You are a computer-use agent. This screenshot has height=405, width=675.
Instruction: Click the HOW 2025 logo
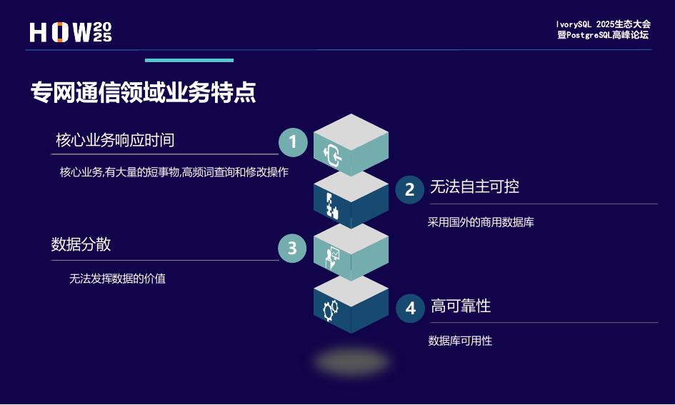click(x=71, y=32)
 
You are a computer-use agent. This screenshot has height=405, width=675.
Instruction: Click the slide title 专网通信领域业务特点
click(x=143, y=93)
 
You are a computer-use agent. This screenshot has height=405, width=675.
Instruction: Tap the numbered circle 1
click(x=292, y=142)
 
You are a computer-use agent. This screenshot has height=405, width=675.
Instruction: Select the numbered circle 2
click(x=410, y=189)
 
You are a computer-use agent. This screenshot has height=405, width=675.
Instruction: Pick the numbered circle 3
click(x=292, y=248)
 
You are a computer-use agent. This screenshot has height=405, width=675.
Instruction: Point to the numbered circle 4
click(x=411, y=308)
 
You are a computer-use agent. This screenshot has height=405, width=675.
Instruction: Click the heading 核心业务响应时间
click(x=115, y=140)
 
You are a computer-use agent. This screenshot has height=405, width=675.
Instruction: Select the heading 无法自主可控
click(x=474, y=187)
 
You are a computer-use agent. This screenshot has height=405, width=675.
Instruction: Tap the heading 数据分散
click(x=81, y=244)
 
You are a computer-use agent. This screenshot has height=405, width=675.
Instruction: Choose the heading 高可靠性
click(x=461, y=306)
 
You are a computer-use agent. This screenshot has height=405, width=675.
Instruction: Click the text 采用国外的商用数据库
click(x=481, y=222)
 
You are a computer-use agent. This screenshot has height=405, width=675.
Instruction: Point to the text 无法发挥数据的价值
click(x=117, y=279)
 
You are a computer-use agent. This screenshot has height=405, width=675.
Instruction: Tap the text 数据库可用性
click(x=460, y=341)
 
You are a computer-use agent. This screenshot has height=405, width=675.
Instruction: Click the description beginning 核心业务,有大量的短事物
click(x=174, y=172)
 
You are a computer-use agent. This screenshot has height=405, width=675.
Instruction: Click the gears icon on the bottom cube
click(x=331, y=310)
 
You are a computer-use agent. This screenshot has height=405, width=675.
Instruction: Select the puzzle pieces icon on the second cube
click(x=331, y=205)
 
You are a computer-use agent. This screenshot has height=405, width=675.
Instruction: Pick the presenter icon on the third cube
click(x=331, y=258)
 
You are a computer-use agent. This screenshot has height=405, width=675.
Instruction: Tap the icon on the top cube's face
click(x=334, y=154)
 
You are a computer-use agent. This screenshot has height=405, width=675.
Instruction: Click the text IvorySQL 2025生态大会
click(x=604, y=24)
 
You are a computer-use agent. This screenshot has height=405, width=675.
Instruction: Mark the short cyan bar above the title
click(x=189, y=61)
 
